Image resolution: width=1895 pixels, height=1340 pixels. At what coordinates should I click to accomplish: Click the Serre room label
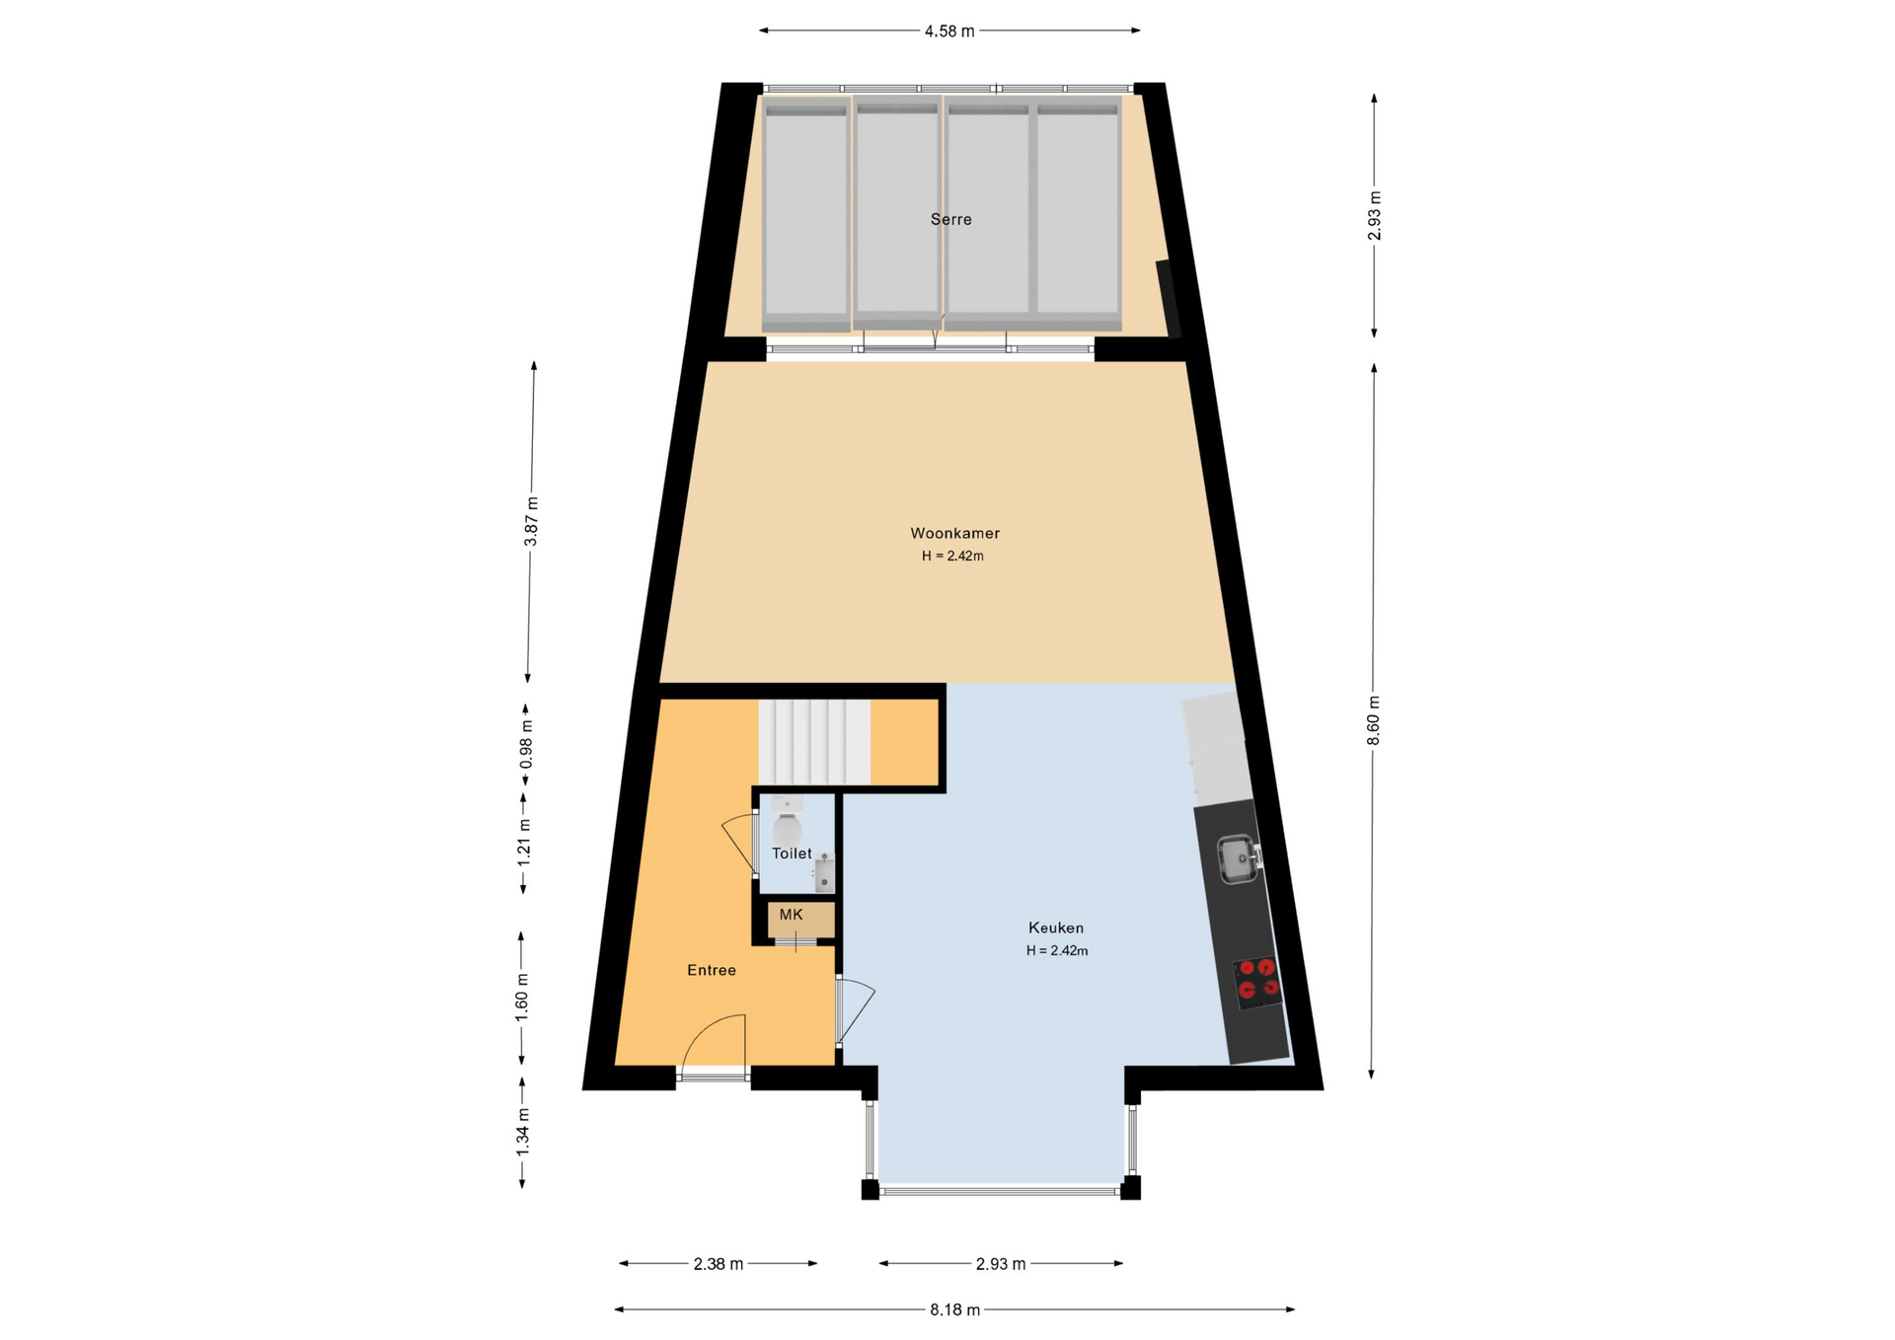(950, 219)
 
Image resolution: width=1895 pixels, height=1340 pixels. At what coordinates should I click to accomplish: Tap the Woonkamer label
(954, 533)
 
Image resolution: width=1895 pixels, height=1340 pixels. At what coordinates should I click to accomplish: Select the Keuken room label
(1056, 928)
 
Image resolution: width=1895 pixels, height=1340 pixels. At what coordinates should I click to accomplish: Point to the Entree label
(712, 970)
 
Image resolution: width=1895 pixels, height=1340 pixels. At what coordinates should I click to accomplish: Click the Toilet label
(792, 854)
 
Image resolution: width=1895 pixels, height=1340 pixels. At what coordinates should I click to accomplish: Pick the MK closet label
(792, 915)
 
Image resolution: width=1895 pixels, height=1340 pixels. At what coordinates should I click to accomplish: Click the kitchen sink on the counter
(1239, 858)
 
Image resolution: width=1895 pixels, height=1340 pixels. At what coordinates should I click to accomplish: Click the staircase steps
(814, 742)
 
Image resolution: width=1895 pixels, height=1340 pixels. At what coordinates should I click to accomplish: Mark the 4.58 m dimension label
(949, 32)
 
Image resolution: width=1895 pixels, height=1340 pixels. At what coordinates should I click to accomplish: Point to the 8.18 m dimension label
(954, 1310)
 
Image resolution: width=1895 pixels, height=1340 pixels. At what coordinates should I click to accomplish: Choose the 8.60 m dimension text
(1374, 721)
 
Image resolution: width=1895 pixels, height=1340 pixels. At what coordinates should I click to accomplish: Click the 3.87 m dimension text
(531, 521)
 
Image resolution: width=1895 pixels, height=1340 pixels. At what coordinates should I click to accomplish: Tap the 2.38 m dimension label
(719, 1264)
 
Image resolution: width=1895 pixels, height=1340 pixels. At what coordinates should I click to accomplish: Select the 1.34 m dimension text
(523, 1133)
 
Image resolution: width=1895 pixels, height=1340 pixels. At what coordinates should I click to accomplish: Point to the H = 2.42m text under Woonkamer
(952, 556)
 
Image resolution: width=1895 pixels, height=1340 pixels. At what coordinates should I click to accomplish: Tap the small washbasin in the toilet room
(824, 873)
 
